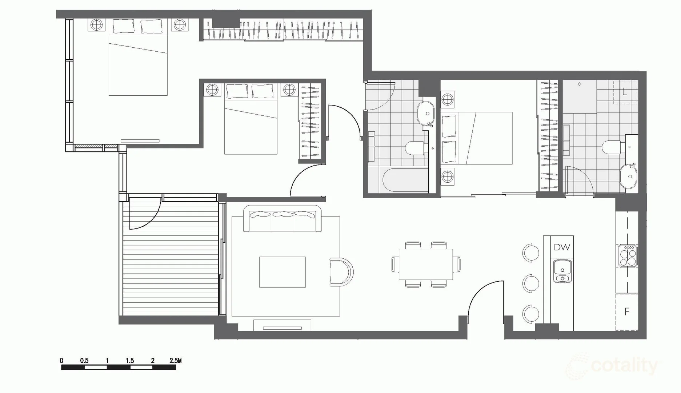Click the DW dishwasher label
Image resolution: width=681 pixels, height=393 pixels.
[x=562, y=247]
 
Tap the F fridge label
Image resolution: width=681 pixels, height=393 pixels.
[x=627, y=311]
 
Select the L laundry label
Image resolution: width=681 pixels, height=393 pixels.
[x=625, y=92]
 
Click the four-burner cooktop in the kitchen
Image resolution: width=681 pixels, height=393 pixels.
[x=628, y=256]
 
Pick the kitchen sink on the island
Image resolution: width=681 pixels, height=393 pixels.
[x=562, y=271]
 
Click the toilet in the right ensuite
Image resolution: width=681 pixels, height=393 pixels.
[x=611, y=147]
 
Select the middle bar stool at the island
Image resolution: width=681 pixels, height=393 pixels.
[x=531, y=283]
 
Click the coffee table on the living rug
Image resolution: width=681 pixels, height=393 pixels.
[x=282, y=272]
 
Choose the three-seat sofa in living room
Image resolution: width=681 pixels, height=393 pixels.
[x=282, y=218]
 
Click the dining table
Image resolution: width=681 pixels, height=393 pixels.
[x=425, y=264]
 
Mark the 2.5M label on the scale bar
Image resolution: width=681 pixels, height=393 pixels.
[x=175, y=361]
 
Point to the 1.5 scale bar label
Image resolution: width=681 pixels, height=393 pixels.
[x=130, y=361]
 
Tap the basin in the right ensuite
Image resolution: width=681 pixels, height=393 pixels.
[x=628, y=176]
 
